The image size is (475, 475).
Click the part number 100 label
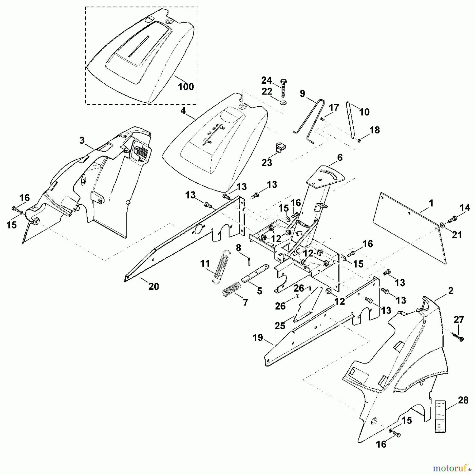[186, 87]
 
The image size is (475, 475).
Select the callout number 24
[267, 80]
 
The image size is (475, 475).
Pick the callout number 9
[302, 93]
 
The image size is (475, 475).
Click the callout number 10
[364, 112]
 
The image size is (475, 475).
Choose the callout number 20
[154, 286]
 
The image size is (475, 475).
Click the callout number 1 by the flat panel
[431, 203]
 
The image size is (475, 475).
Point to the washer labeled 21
[442, 225]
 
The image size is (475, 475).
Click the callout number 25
[280, 326]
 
